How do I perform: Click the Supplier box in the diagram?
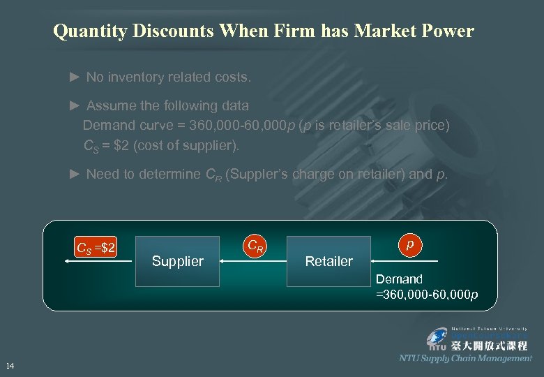click(177, 260)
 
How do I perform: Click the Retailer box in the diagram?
click(328, 260)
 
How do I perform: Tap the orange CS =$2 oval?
click(96, 246)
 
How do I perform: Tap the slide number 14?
click(10, 366)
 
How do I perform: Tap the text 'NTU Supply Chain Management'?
click(465, 358)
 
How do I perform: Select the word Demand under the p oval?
click(400, 279)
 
